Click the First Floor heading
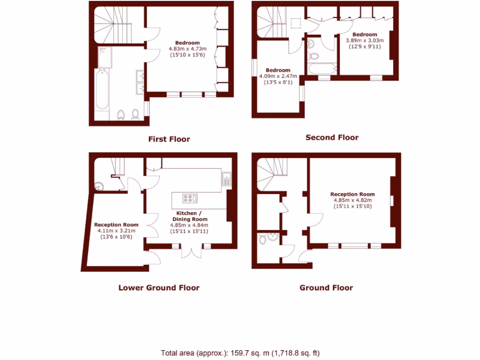(x=169, y=139)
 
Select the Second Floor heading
(x=332, y=137)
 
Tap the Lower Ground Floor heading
(x=159, y=288)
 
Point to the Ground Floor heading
(x=326, y=287)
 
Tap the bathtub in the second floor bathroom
(x=321, y=69)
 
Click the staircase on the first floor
(x=112, y=26)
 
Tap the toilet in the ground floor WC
(x=263, y=240)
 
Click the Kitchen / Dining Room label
(x=189, y=216)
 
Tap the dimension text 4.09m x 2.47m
(x=278, y=76)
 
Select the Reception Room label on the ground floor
(x=352, y=194)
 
